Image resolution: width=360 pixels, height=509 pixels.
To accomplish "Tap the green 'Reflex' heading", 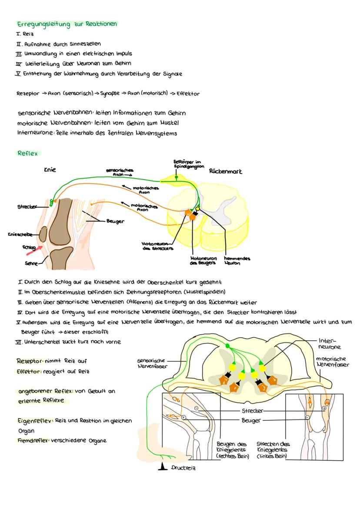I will tap(27, 153).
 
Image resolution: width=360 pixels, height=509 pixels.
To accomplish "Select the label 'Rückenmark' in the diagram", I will tap(225, 171).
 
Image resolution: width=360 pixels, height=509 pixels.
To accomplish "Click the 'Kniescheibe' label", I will tap(20, 234).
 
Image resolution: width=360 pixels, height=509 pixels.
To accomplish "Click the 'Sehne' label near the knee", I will tap(31, 263).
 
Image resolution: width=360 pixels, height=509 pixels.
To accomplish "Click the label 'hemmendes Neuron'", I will tap(237, 260).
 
